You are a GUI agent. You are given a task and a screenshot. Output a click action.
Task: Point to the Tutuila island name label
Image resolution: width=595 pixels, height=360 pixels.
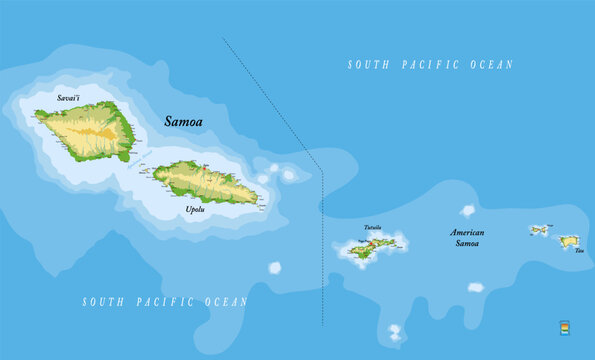pos(373,227)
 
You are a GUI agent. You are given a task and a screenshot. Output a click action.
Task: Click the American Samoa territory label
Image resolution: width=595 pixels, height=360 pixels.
pos(466,238)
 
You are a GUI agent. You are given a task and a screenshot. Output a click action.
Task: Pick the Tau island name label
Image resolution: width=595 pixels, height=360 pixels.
pos(579,251)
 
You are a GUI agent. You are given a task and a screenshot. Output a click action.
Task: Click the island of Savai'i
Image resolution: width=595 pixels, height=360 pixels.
pos(90,130)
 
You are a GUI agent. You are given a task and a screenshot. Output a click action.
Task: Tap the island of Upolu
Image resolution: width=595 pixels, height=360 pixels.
pos(205,181)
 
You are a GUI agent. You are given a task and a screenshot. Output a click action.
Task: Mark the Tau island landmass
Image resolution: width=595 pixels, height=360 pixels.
pos(568,241)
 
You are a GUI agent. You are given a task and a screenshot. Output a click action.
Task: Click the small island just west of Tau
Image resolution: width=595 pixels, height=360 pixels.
pos(540,230)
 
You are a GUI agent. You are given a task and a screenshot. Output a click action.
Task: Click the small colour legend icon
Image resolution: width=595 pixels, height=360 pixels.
pos(565,328)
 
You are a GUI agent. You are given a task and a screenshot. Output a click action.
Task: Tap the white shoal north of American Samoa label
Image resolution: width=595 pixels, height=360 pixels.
pos(468,210)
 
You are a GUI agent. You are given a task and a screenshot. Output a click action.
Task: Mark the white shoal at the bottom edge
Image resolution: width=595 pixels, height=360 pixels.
pos(395,331)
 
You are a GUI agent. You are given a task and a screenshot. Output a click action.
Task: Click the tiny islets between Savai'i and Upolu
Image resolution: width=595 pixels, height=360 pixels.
pos(145,168)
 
